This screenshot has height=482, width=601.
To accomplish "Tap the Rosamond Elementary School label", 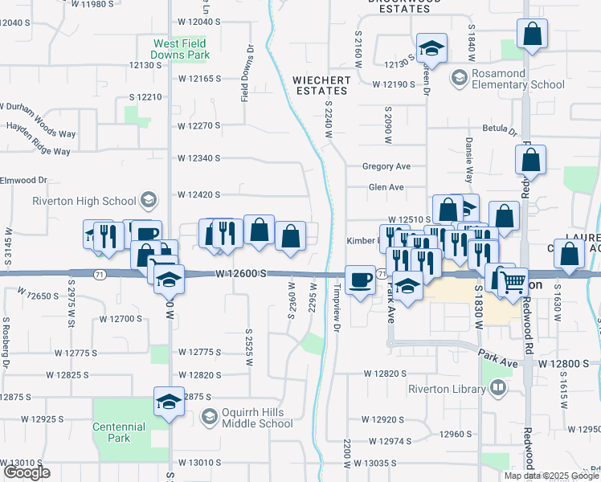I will (507, 78).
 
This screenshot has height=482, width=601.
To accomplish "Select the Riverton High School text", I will (84, 201).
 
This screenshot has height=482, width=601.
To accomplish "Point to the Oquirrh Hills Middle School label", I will (257, 417).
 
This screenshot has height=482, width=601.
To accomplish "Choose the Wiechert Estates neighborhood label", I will (321, 85).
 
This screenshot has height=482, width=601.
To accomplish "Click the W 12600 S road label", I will (241, 274).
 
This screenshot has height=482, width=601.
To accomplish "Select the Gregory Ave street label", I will (386, 166).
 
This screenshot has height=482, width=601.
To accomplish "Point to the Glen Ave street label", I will (386, 187).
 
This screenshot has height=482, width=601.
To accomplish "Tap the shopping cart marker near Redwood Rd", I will (512, 280).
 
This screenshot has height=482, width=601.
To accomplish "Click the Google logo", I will (27, 473).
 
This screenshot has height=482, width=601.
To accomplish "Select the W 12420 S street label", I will (199, 194).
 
